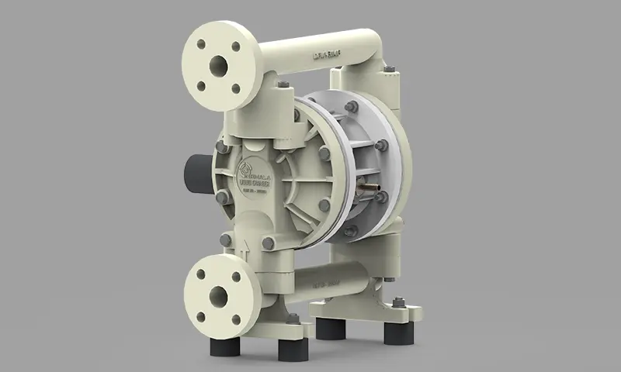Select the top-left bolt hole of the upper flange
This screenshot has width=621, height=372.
point(200,44)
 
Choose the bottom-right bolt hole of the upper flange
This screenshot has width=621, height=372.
point(236,88)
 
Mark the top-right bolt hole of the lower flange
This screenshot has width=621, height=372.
point(235,274)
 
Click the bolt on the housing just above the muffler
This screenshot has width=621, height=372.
point(221,144)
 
